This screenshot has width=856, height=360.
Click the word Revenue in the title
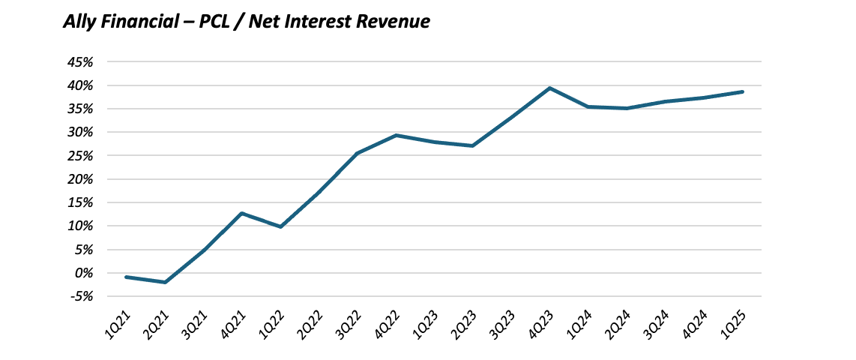click(x=394, y=22)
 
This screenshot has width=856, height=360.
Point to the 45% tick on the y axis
click(x=79, y=62)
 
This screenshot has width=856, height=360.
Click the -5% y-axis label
click(x=81, y=296)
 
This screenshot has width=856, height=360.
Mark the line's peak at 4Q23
click(x=550, y=88)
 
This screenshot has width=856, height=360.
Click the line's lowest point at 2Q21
click(x=165, y=282)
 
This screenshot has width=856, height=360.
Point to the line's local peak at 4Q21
click(x=242, y=213)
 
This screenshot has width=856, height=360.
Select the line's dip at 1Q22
click(x=280, y=226)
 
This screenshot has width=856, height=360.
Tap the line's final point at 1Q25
click(x=743, y=91)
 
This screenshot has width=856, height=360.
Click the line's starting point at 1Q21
click(x=126, y=277)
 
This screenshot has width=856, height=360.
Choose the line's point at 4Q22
click(x=396, y=135)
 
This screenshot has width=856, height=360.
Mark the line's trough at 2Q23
click(x=473, y=145)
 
